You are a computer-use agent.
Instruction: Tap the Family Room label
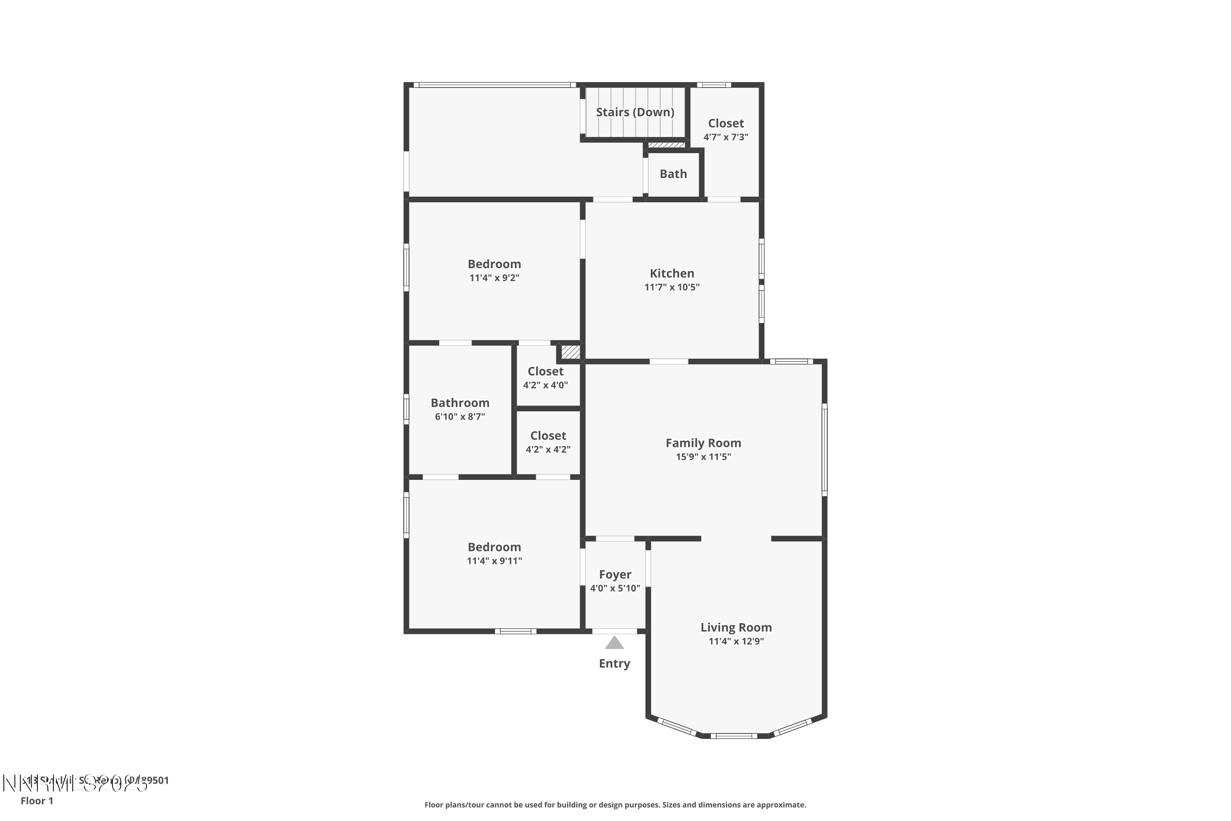[703, 443]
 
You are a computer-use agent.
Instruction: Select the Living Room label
[736, 627]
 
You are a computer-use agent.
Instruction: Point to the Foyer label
[615, 574]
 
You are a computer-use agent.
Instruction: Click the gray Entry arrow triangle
[614, 643]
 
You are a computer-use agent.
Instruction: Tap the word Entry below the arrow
[614, 663]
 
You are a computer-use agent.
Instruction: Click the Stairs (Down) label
[635, 112]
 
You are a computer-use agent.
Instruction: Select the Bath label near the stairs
[673, 174]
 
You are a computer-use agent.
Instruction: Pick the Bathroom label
[460, 403]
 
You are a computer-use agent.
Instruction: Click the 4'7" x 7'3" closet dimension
[725, 137]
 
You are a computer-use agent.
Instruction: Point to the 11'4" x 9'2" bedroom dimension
[494, 277]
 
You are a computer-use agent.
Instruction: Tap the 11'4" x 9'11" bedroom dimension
[494, 561]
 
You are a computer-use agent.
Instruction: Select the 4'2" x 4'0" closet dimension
[545, 385]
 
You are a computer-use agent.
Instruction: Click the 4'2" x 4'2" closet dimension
[548, 449]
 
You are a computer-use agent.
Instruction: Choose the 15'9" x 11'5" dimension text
[703, 456]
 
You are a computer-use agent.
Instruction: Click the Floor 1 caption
[37, 800]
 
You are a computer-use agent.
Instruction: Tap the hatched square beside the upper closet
[570, 352]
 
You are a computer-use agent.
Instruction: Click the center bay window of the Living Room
[734, 736]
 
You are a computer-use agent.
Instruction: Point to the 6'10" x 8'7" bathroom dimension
[460, 417]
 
